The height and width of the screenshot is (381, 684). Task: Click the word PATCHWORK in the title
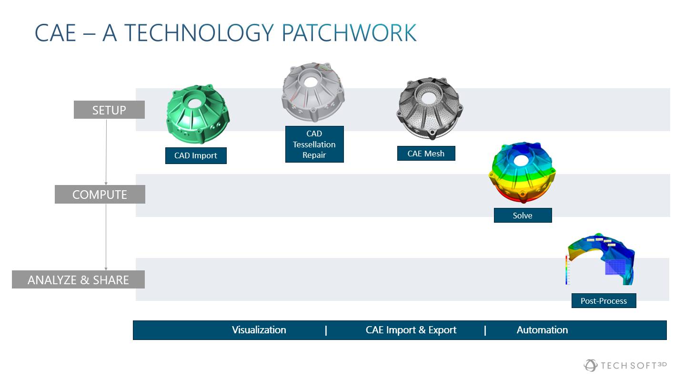(x=349, y=33)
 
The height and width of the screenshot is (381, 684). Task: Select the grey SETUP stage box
(x=109, y=110)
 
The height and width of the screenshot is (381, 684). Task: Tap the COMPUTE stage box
(x=100, y=194)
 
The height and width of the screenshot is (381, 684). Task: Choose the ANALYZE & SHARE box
(x=78, y=279)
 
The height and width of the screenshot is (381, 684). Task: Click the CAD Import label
(x=196, y=155)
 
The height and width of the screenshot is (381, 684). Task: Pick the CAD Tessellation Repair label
(x=314, y=144)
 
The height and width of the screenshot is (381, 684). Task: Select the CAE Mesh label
(x=426, y=153)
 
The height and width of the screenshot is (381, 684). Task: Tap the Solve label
(x=523, y=215)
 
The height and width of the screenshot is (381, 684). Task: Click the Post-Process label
(x=604, y=300)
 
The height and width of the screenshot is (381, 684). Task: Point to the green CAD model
(x=198, y=114)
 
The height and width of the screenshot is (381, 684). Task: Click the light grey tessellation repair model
(x=313, y=92)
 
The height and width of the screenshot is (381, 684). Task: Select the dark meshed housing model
(x=430, y=108)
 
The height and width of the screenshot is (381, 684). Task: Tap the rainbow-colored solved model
(x=522, y=172)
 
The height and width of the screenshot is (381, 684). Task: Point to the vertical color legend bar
(x=566, y=270)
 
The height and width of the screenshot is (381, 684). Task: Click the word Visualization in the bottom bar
(x=259, y=330)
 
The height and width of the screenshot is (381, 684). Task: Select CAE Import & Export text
(x=411, y=330)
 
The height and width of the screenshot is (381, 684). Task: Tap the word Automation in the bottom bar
(x=543, y=330)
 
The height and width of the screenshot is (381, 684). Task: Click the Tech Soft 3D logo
(x=625, y=365)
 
